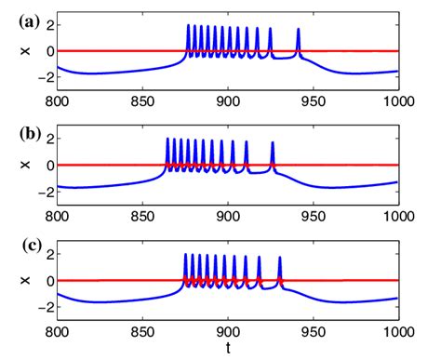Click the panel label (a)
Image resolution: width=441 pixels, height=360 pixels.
pos(17,17)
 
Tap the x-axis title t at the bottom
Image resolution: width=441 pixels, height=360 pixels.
pos(228,349)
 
